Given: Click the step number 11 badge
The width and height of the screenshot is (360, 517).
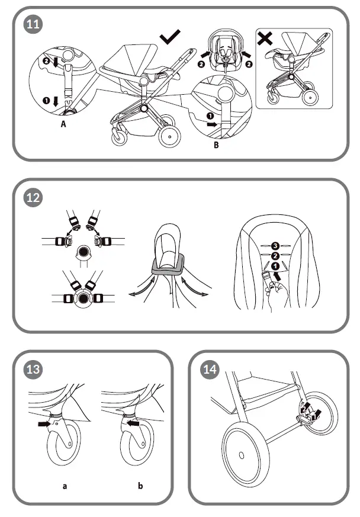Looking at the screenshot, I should pyautogui.click(x=33, y=26).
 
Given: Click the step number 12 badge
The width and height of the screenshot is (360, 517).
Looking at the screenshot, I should pyautogui.click(x=33, y=198).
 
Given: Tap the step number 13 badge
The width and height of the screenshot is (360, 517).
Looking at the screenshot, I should pyautogui.click(x=33, y=370).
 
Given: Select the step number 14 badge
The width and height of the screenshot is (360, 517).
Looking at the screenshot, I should pyautogui.click(x=210, y=370).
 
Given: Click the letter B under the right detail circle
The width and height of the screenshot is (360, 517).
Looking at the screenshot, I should pyautogui.click(x=217, y=144).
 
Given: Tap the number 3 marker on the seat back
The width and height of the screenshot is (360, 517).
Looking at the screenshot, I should pyautogui.click(x=275, y=245).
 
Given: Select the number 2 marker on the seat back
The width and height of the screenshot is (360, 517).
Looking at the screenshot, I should pyautogui.click(x=275, y=256).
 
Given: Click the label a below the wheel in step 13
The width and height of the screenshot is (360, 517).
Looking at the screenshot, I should pyautogui.click(x=65, y=486).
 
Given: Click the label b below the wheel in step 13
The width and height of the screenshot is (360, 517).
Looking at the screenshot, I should pyautogui.click(x=140, y=486).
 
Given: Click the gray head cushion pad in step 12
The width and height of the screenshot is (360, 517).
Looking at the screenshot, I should pyautogui.click(x=168, y=270).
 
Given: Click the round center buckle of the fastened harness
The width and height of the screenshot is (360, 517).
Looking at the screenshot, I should pyautogui.click(x=83, y=298).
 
